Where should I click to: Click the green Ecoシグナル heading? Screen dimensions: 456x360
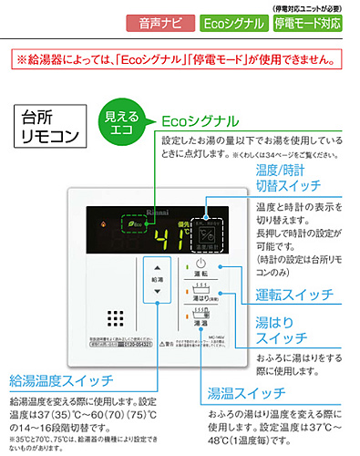tap(201, 120)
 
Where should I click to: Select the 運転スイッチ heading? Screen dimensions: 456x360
tap(296, 295)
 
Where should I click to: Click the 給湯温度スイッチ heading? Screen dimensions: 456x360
tap(62, 379)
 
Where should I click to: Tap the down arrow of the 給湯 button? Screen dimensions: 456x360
tap(157, 292)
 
